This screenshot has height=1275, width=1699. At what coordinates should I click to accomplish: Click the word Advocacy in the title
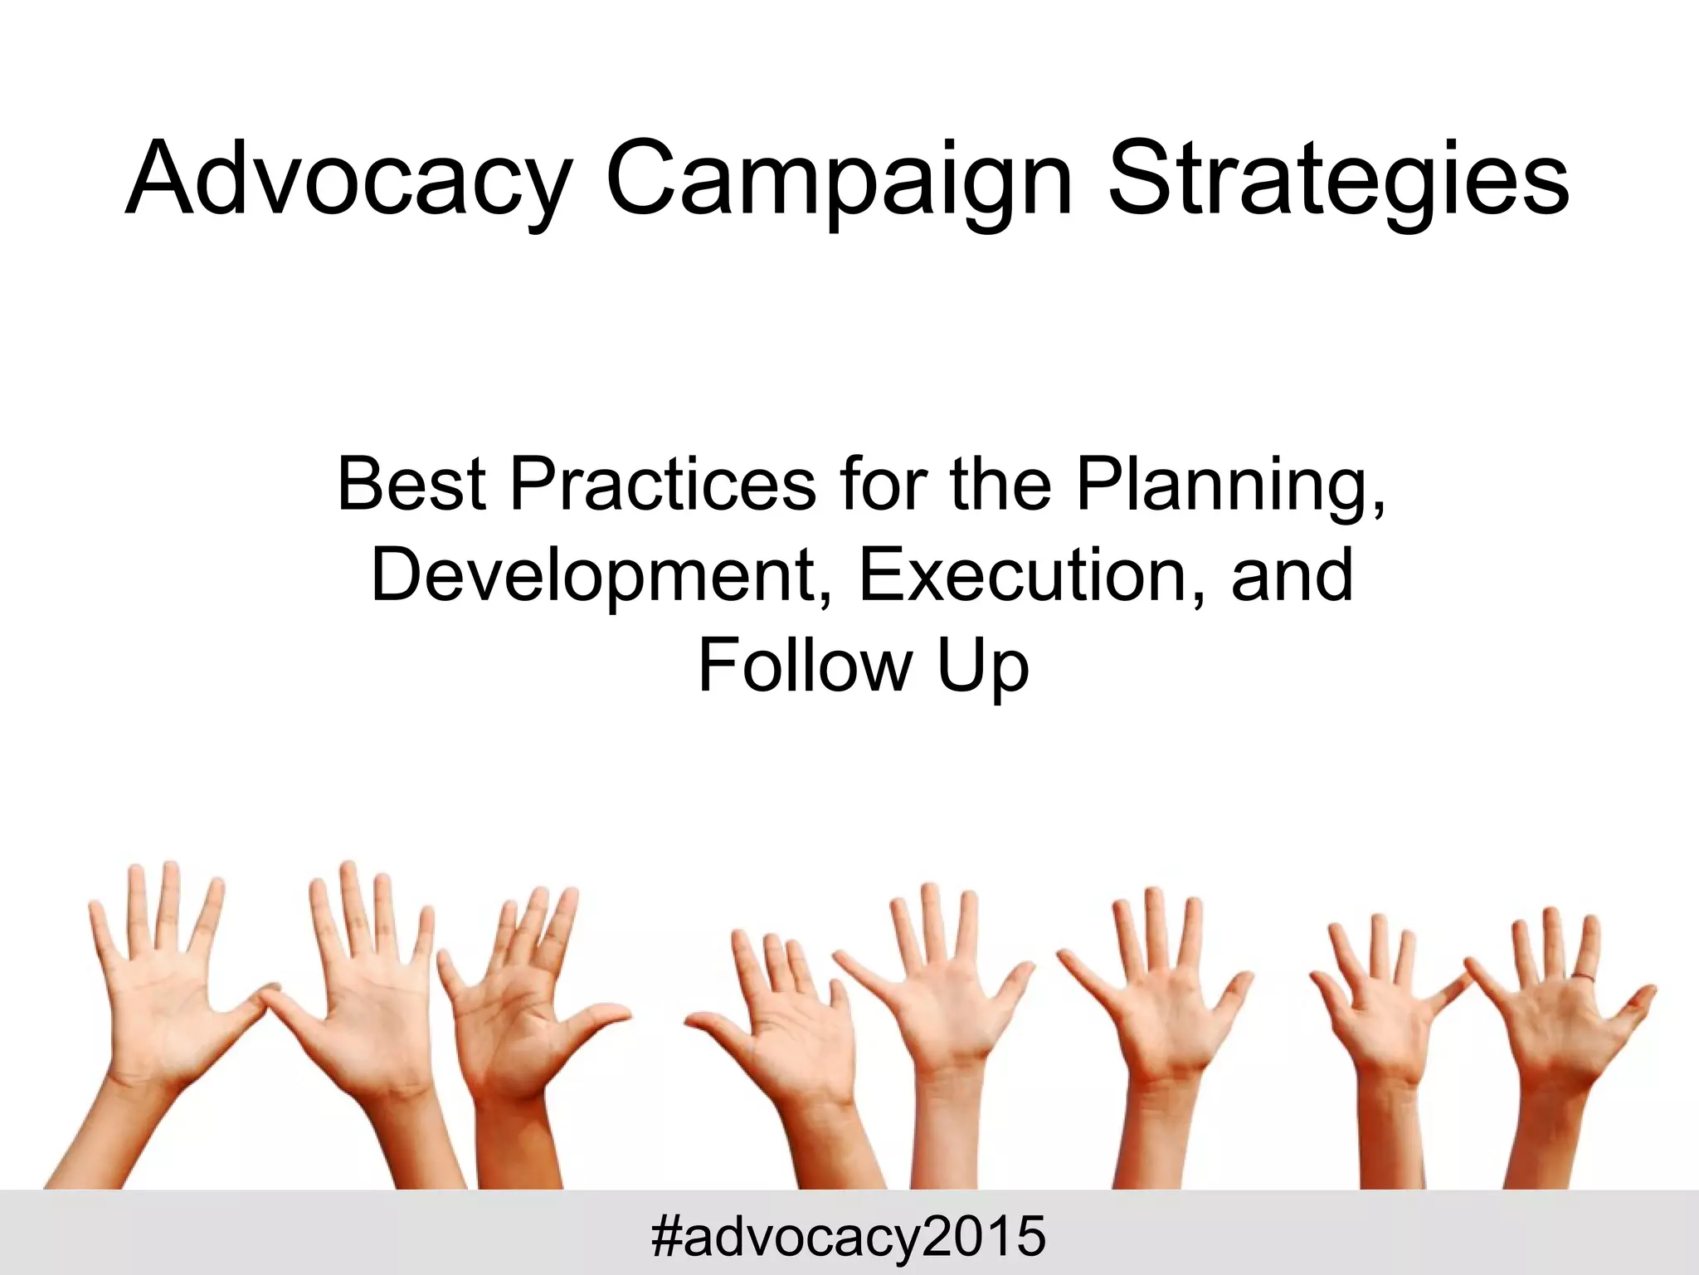coord(349,178)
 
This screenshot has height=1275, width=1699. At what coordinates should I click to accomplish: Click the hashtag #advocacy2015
coord(848,1236)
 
